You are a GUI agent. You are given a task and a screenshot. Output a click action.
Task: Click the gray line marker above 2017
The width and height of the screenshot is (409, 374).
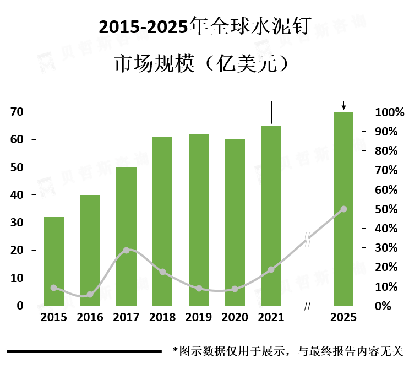pos(126,250)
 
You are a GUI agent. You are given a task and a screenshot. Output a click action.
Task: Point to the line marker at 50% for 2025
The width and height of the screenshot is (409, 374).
pos(343,209)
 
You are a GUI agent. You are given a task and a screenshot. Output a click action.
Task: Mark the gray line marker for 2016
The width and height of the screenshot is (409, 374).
pos(90,295)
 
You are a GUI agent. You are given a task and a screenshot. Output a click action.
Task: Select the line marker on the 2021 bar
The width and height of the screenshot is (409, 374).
pos(271,270)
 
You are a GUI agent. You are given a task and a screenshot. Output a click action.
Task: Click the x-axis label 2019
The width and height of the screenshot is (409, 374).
pos(198,318)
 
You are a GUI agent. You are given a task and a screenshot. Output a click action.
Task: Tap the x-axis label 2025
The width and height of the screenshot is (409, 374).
pos(343,318)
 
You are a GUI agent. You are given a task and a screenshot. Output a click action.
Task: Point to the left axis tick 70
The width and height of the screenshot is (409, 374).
pos(17,112)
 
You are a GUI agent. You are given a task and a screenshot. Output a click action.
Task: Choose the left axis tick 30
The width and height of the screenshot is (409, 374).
pos(17,223)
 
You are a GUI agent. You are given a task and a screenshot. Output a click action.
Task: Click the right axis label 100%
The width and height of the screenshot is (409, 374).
pos(389,112)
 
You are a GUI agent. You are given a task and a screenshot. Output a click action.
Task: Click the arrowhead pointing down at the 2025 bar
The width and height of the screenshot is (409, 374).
pos(343,107)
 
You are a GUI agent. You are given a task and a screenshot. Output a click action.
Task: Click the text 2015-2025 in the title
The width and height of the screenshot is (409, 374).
pos(142,26)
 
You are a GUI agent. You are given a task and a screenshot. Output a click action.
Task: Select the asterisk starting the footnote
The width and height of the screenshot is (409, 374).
pos(175,350)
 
